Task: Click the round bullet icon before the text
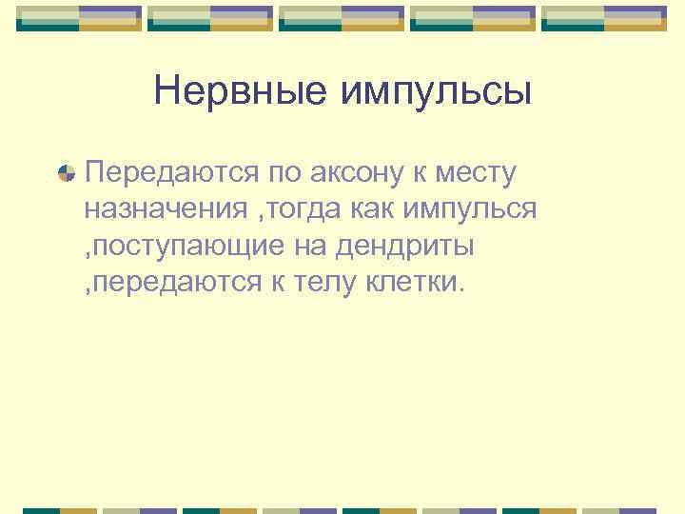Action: [66, 173]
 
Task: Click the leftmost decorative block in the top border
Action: [79, 17]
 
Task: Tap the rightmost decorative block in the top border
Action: [604, 17]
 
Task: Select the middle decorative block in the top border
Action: [342, 17]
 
